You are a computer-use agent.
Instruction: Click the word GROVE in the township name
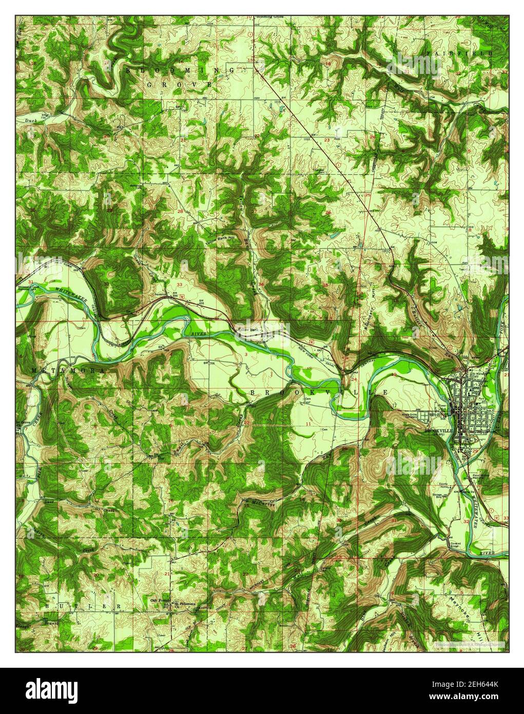click(x=179, y=84)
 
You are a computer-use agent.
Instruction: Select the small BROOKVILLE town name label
click(x=437, y=431)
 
